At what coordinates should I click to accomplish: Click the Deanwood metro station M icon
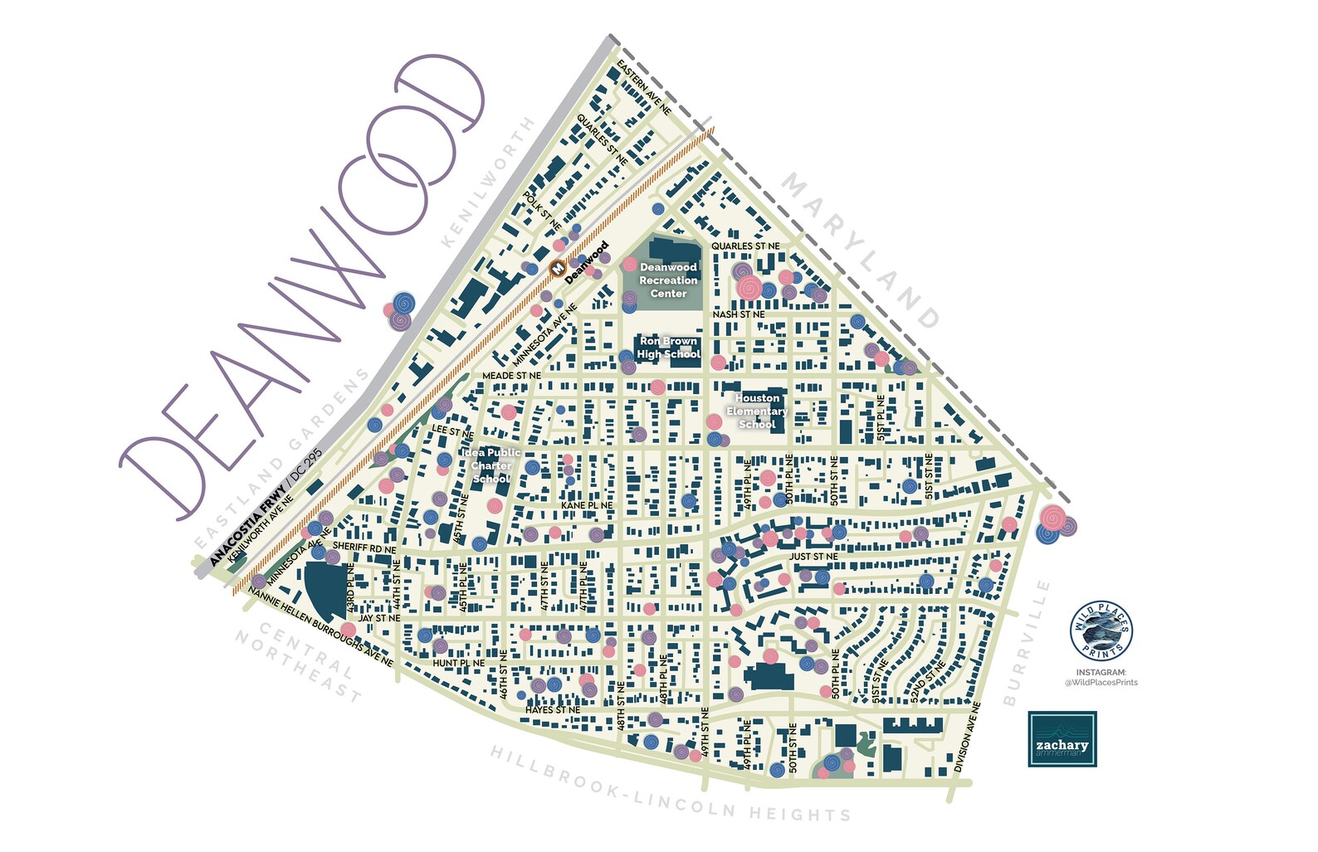[558, 269]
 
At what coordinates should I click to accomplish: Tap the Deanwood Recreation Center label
[668, 280]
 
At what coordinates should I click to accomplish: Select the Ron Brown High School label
[668, 348]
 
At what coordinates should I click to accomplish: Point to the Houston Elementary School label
[757, 411]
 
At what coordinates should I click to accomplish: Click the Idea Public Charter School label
[491, 465]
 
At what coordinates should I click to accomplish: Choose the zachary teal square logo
[1062, 738]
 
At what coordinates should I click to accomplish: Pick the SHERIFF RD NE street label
[364, 548]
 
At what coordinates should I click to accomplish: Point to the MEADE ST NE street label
[512, 376]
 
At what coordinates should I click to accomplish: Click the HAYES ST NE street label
[553, 710]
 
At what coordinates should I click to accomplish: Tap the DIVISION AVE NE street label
[968, 738]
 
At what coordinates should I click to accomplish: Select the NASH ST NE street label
[739, 314]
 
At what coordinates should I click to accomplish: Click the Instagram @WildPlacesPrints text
[1101, 677]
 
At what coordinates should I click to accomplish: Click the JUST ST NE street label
[813, 557]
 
